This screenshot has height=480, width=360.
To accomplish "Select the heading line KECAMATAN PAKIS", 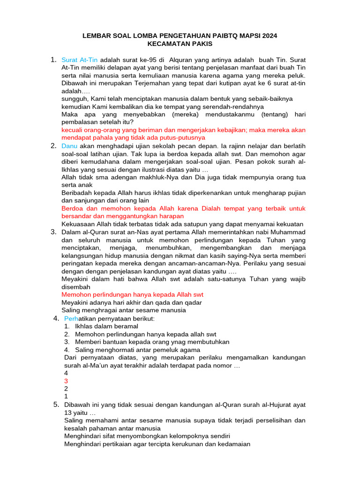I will tap(180, 44).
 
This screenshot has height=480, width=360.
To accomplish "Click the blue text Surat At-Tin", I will tap(80, 60).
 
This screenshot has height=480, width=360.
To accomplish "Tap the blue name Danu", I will tap(70, 146).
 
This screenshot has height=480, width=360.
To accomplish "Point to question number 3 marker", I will tap(54, 232).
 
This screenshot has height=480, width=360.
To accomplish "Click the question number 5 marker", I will tap(56, 405).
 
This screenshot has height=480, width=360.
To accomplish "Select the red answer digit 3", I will tap(66, 381).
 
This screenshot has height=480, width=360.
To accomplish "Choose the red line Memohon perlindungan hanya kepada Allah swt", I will tap(133, 294).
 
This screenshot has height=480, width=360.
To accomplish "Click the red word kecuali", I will tap(73, 130).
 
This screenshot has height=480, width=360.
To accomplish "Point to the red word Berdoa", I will tap(73, 208).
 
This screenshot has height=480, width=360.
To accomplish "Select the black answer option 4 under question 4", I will tap(66, 373).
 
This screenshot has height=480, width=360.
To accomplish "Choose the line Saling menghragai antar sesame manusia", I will tap(124, 310).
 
